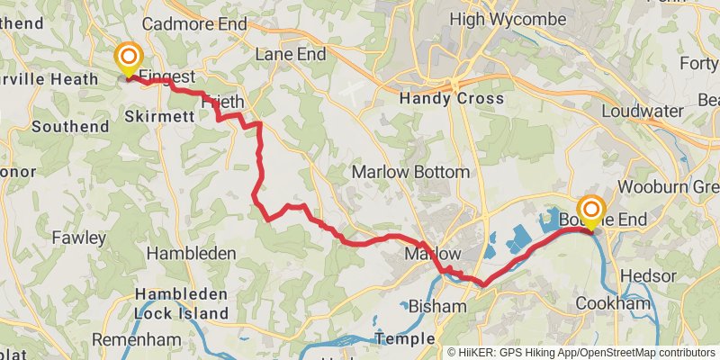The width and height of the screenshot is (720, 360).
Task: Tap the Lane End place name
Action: [x=290, y=54]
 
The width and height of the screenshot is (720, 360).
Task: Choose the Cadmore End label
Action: [x=194, y=23]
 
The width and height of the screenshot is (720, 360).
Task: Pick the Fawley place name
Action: [x=79, y=238]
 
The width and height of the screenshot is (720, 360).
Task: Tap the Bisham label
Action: [x=437, y=306]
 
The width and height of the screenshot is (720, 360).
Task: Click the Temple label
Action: [x=403, y=338]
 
